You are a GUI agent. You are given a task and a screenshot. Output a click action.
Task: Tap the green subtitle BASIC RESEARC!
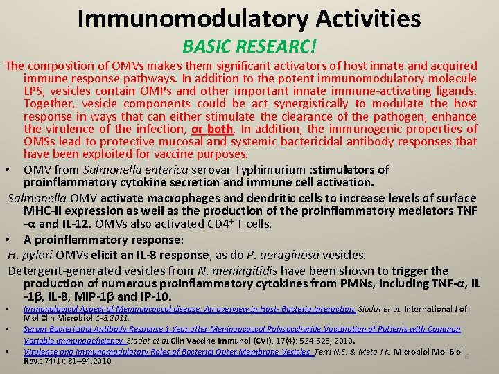point(249,46)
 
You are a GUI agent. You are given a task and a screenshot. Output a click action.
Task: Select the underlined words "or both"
point(211,130)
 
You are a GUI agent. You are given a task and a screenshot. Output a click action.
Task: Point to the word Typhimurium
point(274,170)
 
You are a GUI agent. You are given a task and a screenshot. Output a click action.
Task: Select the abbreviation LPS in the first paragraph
point(35,91)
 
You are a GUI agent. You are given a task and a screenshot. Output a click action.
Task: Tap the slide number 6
point(466,356)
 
